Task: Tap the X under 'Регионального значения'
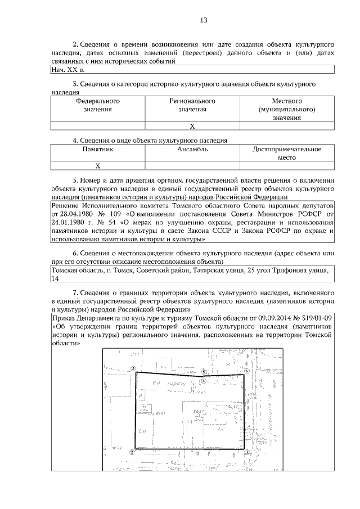coord(192,126)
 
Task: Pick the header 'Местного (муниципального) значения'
coord(287,110)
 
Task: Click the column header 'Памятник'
coord(98,150)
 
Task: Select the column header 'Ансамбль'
coord(192,150)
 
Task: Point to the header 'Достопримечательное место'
coord(287,154)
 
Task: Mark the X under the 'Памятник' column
coord(98,166)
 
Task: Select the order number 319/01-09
coord(312,318)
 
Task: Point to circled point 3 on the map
coord(133,368)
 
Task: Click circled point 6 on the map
coord(247,372)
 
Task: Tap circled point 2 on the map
coord(132,451)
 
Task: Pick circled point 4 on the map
coord(204,380)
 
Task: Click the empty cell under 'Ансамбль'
coord(192,166)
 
